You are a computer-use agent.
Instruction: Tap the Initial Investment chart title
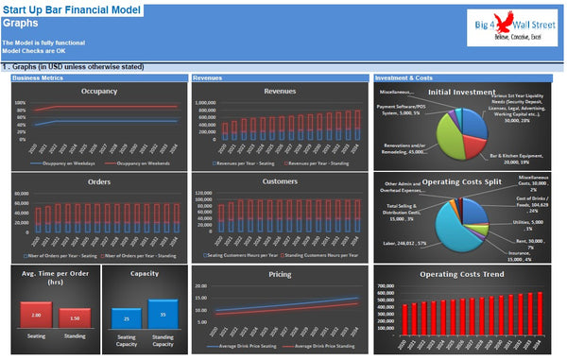tap(463, 93)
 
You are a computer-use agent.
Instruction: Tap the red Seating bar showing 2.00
tap(35, 315)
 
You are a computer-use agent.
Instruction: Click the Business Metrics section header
tap(39, 77)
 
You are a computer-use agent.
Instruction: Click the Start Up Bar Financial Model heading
tap(72, 9)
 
